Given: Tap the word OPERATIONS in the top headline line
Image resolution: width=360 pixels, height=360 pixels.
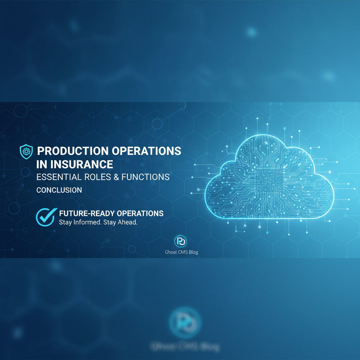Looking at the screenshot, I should click(x=147, y=151).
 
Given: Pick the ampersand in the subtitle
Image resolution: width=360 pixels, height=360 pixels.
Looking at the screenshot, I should click(x=116, y=177).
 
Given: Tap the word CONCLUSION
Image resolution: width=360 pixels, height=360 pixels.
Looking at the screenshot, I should click(x=59, y=190).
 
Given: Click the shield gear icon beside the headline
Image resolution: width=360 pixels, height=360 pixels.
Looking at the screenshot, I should click(x=26, y=151).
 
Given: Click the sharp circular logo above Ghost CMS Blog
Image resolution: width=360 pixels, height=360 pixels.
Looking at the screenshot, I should click(x=181, y=242).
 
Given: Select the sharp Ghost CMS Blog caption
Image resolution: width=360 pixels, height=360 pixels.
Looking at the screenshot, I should click(x=181, y=252).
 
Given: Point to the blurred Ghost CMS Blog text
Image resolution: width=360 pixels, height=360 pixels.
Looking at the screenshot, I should click(x=184, y=347).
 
